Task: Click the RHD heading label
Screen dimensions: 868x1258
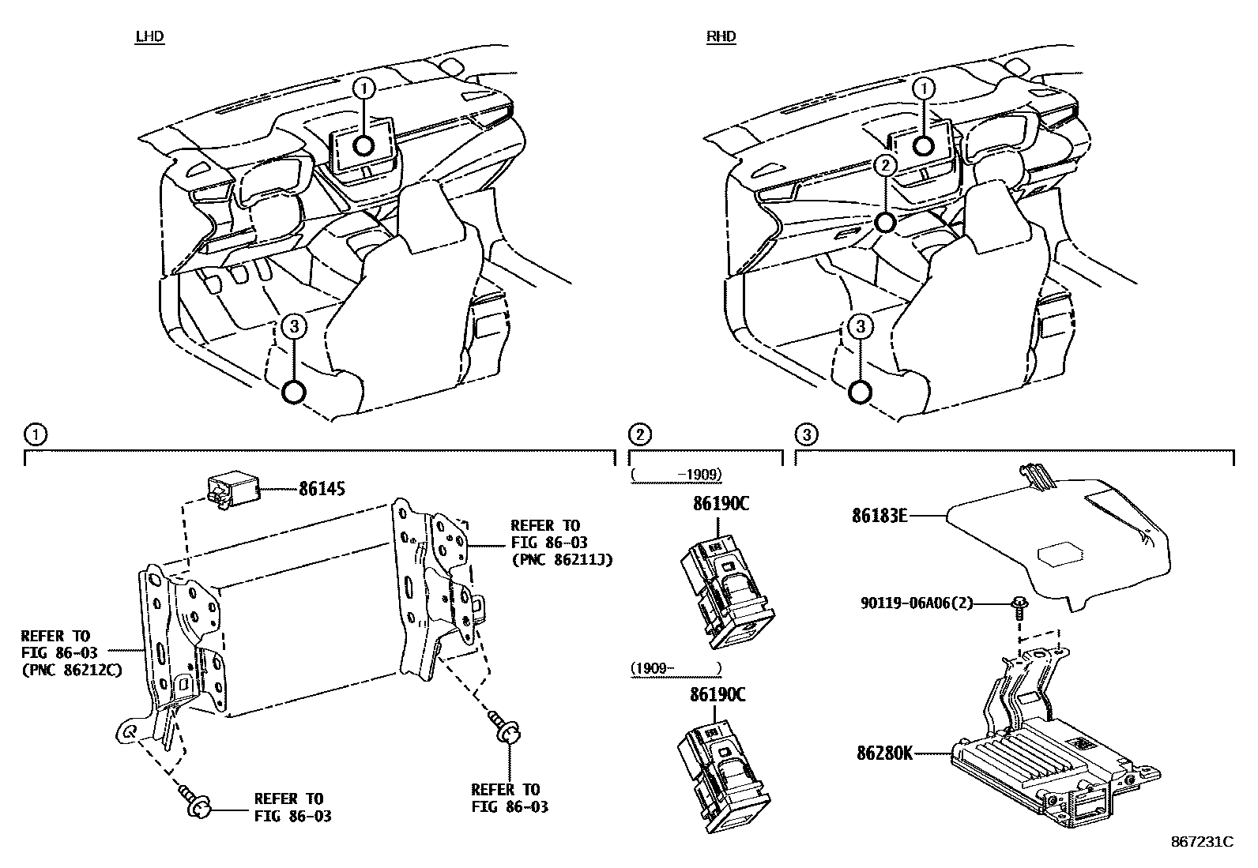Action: coord(721,36)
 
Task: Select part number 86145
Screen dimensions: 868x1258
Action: coord(322,490)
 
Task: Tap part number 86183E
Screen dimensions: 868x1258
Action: coord(878,517)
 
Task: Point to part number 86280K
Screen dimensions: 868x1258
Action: coord(884,753)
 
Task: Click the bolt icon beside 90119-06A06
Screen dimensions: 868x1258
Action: coord(1019,607)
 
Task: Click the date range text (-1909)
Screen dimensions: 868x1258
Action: coord(677,475)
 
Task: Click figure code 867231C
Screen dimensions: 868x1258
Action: coord(1201,842)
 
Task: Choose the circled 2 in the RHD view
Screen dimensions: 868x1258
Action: coord(886,165)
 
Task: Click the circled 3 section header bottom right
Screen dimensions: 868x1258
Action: coord(804,434)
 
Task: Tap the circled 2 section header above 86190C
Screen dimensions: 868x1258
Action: coord(638,434)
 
